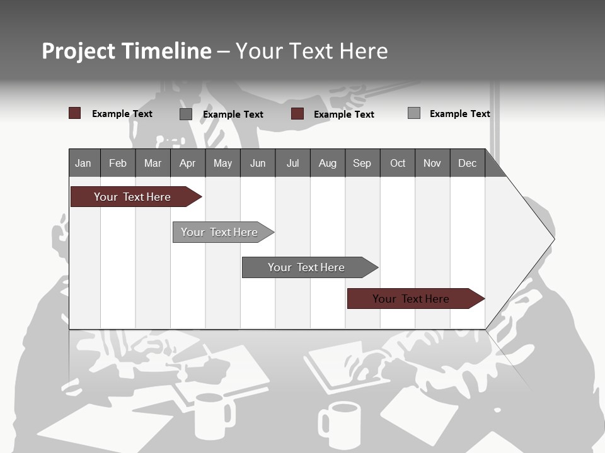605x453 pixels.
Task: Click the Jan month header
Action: point(83,163)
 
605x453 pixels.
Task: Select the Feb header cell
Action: point(118,163)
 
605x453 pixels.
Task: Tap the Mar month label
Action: point(153,163)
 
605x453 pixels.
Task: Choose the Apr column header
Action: point(188,163)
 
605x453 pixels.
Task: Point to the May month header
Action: point(222,163)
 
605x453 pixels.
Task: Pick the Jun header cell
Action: point(258,163)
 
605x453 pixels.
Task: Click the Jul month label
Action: point(292,163)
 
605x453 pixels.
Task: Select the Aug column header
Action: point(328,163)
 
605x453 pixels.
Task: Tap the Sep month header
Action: point(362,163)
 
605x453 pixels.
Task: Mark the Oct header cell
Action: point(398,163)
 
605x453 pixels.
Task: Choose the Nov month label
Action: point(432,163)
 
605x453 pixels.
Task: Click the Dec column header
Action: point(468,163)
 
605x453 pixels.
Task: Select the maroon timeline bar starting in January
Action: point(133,197)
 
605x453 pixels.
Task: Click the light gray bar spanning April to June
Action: point(220,232)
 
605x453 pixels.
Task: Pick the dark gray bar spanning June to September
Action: point(307,267)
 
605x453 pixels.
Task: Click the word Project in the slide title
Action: point(79,51)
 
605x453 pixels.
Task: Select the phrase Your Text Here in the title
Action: point(312,51)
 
